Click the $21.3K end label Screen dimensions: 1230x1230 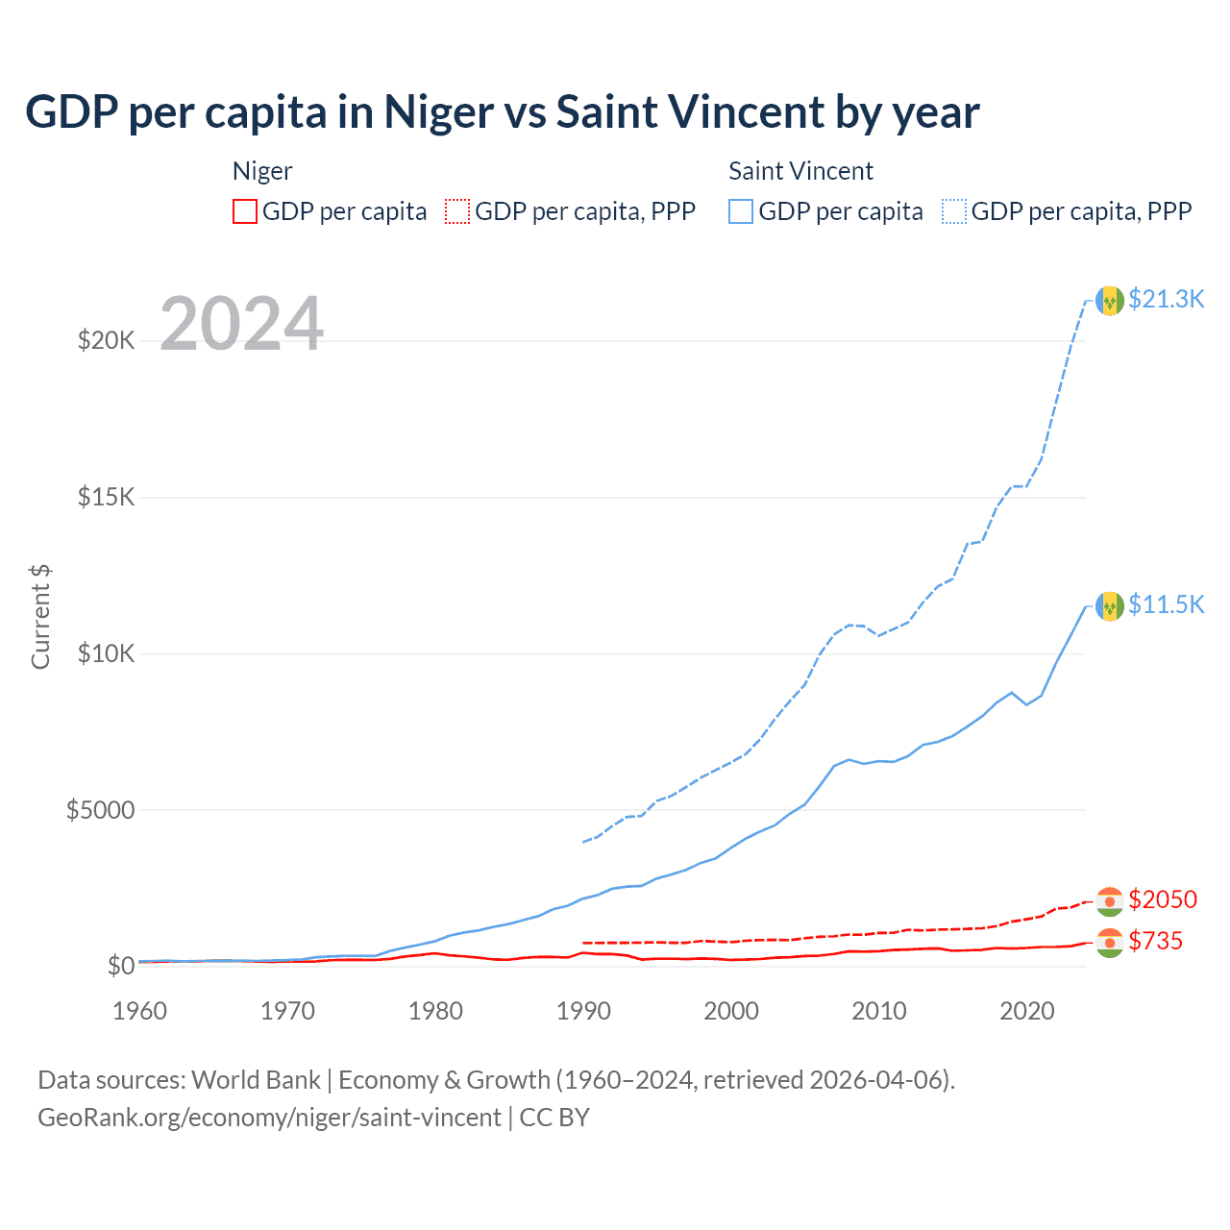click(x=1166, y=300)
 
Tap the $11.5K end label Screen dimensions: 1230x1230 click(x=1166, y=604)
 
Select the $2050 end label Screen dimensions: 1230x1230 click(x=1163, y=899)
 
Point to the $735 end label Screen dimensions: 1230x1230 click(x=1155, y=941)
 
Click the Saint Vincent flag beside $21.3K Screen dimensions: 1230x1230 click(x=1110, y=301)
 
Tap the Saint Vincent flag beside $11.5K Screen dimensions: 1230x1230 click(x=1110, y=605)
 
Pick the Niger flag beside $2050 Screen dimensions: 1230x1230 click(x=1110, y=901)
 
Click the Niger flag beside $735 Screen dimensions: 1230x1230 click(x=1110, y=943)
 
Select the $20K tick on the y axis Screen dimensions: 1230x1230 click(x=106, y=340)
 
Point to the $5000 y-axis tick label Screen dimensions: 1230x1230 click(x=100, y=810)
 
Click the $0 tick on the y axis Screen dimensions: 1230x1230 click(x=120, y=966)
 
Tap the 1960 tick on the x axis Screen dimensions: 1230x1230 click(x=140, y=1011)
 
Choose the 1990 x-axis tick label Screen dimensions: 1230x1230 click(x=584, y=1011)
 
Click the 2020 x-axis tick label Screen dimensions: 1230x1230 click(x=1027, y=1011)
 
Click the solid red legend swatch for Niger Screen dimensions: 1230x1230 click(x=245, y=211)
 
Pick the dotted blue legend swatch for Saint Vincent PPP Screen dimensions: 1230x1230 click(x=954, y=211)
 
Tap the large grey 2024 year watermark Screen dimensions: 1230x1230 click(x=241, y=324)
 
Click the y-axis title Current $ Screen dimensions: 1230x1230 click(x=40, y=617)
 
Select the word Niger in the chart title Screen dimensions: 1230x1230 click(x=438, y=112)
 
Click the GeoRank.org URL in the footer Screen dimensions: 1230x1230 click(x=269, y=1118)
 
